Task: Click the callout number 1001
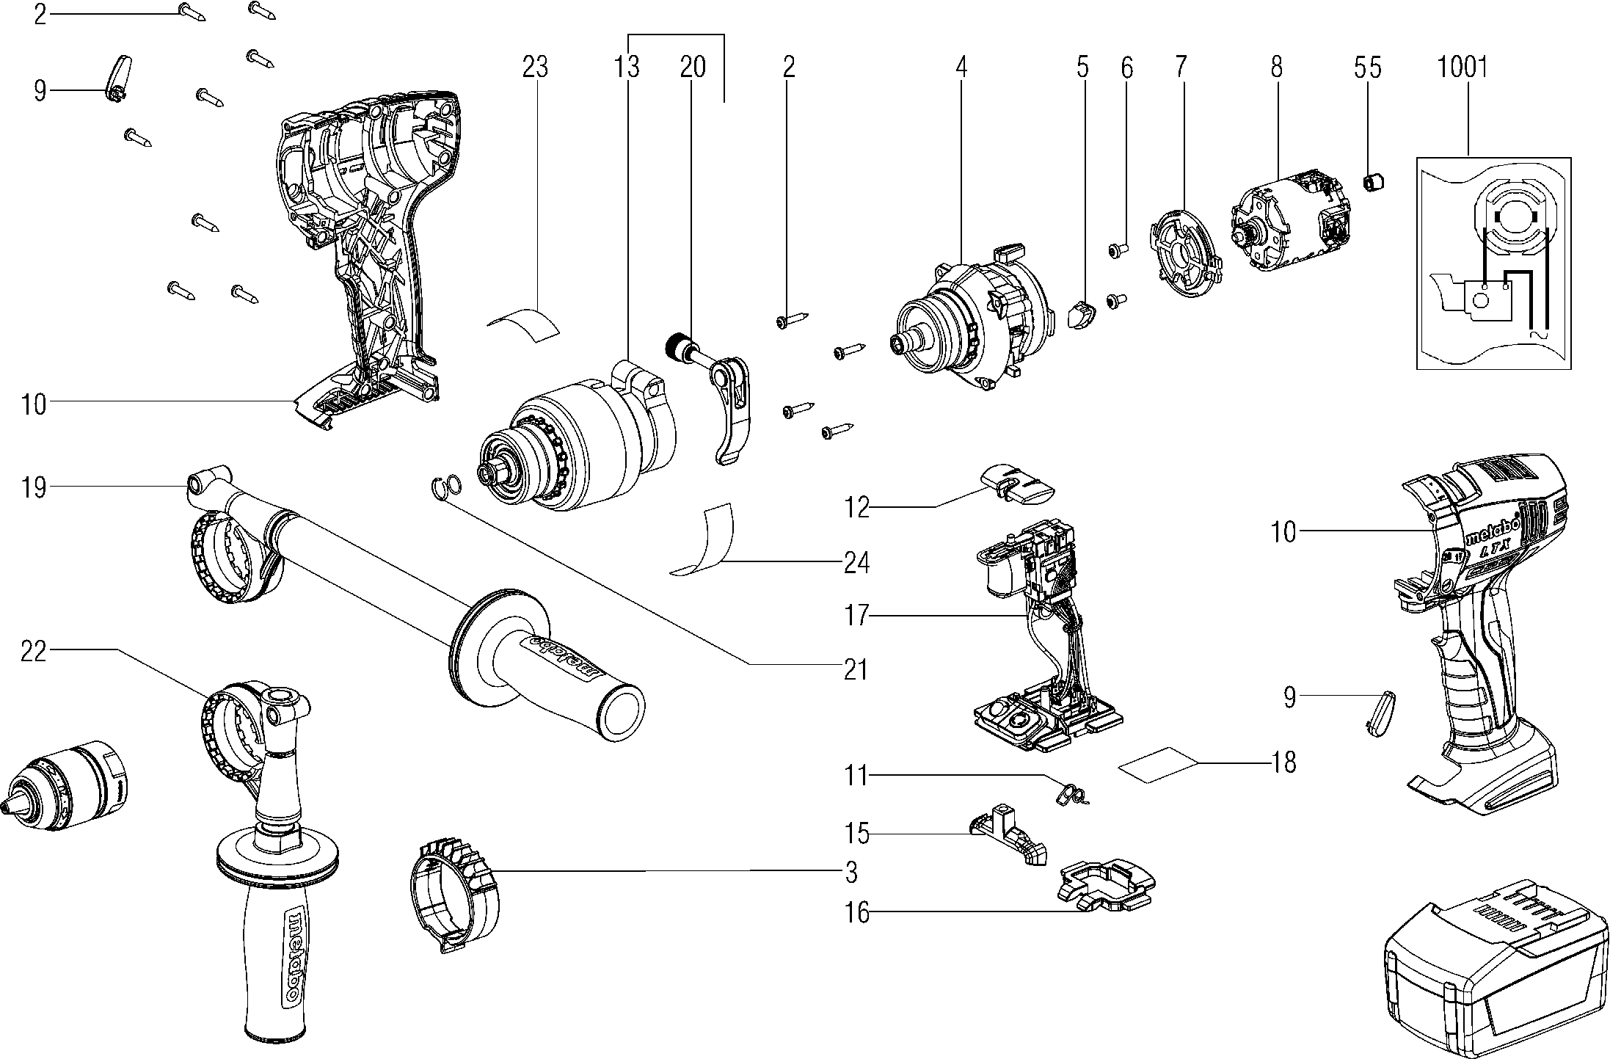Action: point(1462,68)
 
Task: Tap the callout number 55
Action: point(1367,68)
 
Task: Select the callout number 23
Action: point(535,68)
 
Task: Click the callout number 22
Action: point(34,650)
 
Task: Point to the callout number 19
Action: point(34,487)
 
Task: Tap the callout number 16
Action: point(857,913)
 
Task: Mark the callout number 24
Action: point(856,564)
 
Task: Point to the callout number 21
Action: point(856,669)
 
